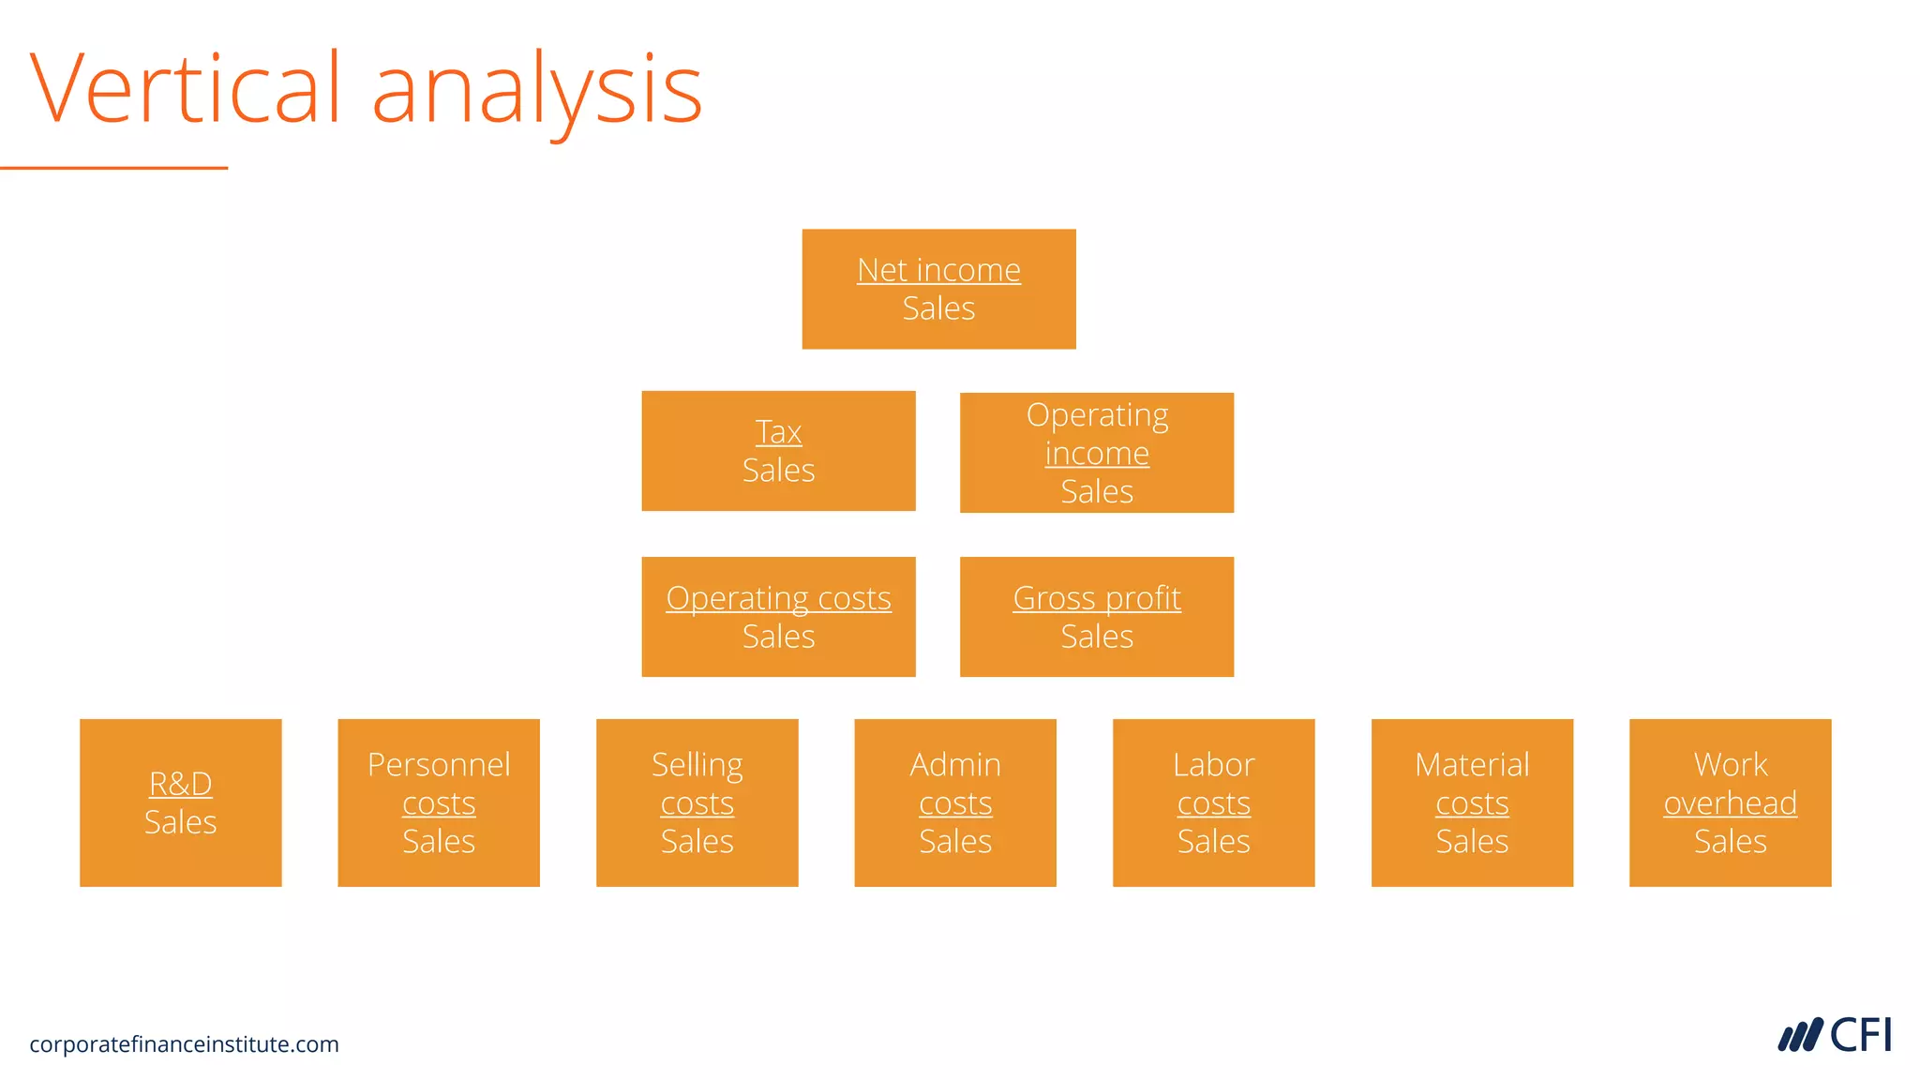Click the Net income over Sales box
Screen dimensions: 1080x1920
click(x=938, y=289)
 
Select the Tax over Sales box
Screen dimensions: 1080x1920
click(x=778, y=451)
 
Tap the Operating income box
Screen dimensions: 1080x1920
click(x=1097, y=453)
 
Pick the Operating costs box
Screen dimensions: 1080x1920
click(x=778, y=617)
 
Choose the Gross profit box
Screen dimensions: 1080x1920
click(x=1097, y=617)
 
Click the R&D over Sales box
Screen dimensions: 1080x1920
click(x=181, y=802)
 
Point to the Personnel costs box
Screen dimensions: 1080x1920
click(x=439, y=802)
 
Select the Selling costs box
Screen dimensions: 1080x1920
click(x=697, y=802)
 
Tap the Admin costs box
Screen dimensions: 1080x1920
click(x=955, y=802)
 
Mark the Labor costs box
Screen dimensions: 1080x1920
click(x=1214, y=802)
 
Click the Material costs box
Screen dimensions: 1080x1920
click(x=1472, y=802)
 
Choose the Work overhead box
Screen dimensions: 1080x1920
click(x=1731, y=802)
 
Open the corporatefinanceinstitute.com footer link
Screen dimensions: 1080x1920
click(x=184, y=1044)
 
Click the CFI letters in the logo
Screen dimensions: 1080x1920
click(x=1860, y=1036)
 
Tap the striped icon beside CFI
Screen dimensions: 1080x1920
click(x=1800, y=1036)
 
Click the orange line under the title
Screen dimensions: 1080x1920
click(x=113, y=168)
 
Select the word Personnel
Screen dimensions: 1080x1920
click(x=439, y=765)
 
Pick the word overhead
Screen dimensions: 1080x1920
click(x=1731, y=803)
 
